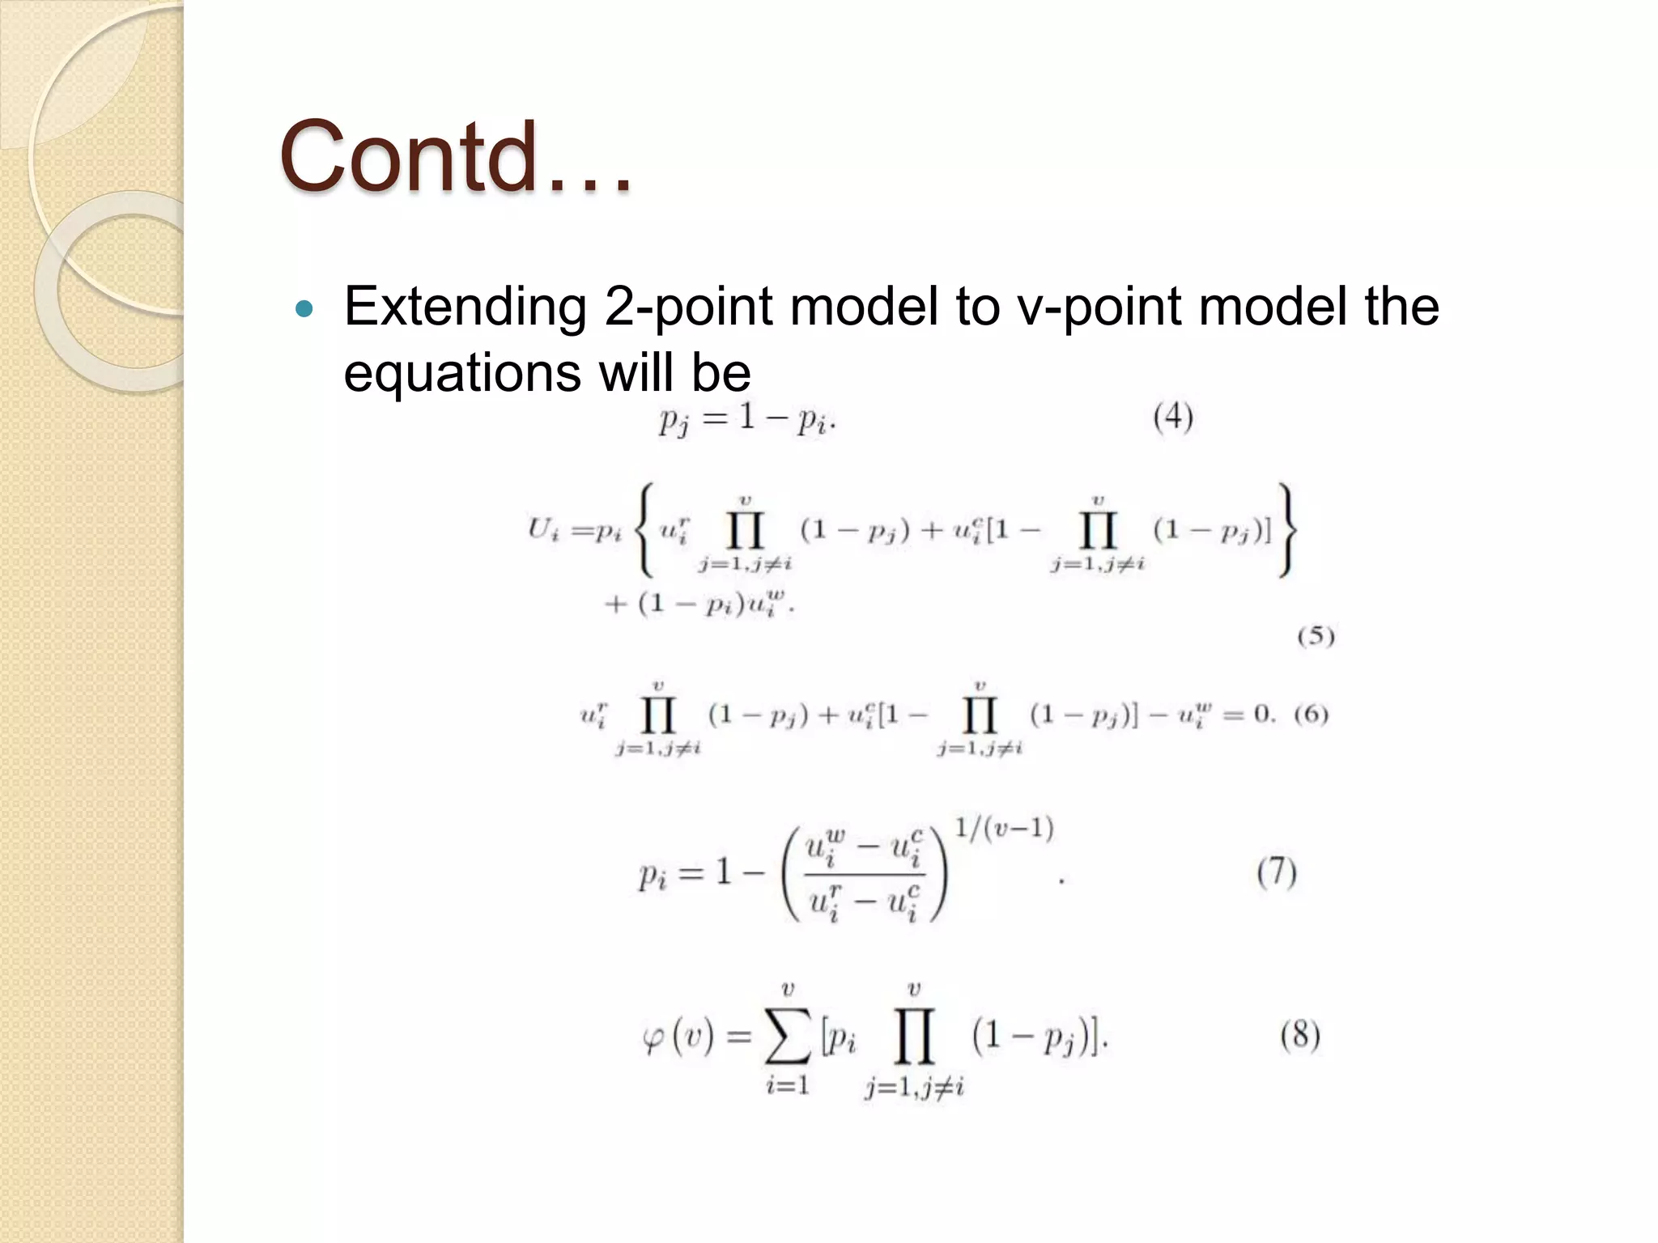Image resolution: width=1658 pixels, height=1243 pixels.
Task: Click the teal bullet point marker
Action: click(304, 308)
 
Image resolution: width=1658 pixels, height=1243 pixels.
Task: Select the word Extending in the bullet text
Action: click(466, 308)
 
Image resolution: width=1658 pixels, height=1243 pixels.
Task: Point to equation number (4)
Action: click(1173, 418)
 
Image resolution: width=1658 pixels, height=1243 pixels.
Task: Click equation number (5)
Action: click(1316, 636)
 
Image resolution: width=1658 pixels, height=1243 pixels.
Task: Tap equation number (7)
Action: click(1277, 872)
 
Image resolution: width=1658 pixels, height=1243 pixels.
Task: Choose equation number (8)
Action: click(1300, 1035)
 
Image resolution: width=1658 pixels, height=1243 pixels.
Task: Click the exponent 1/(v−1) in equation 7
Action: click(1004, 829)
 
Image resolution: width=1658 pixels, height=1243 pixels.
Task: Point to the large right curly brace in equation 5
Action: click(1287, 531)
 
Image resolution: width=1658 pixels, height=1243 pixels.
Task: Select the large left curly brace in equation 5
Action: click(644, 531)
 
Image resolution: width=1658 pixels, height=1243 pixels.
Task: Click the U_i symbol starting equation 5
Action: click(543, 531)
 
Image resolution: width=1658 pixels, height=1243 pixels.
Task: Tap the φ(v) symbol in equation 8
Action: click(678, 1037)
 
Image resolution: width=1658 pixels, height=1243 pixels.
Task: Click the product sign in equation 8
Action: click(914, 1036)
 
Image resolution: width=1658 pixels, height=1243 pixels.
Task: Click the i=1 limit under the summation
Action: click(788, 1085)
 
